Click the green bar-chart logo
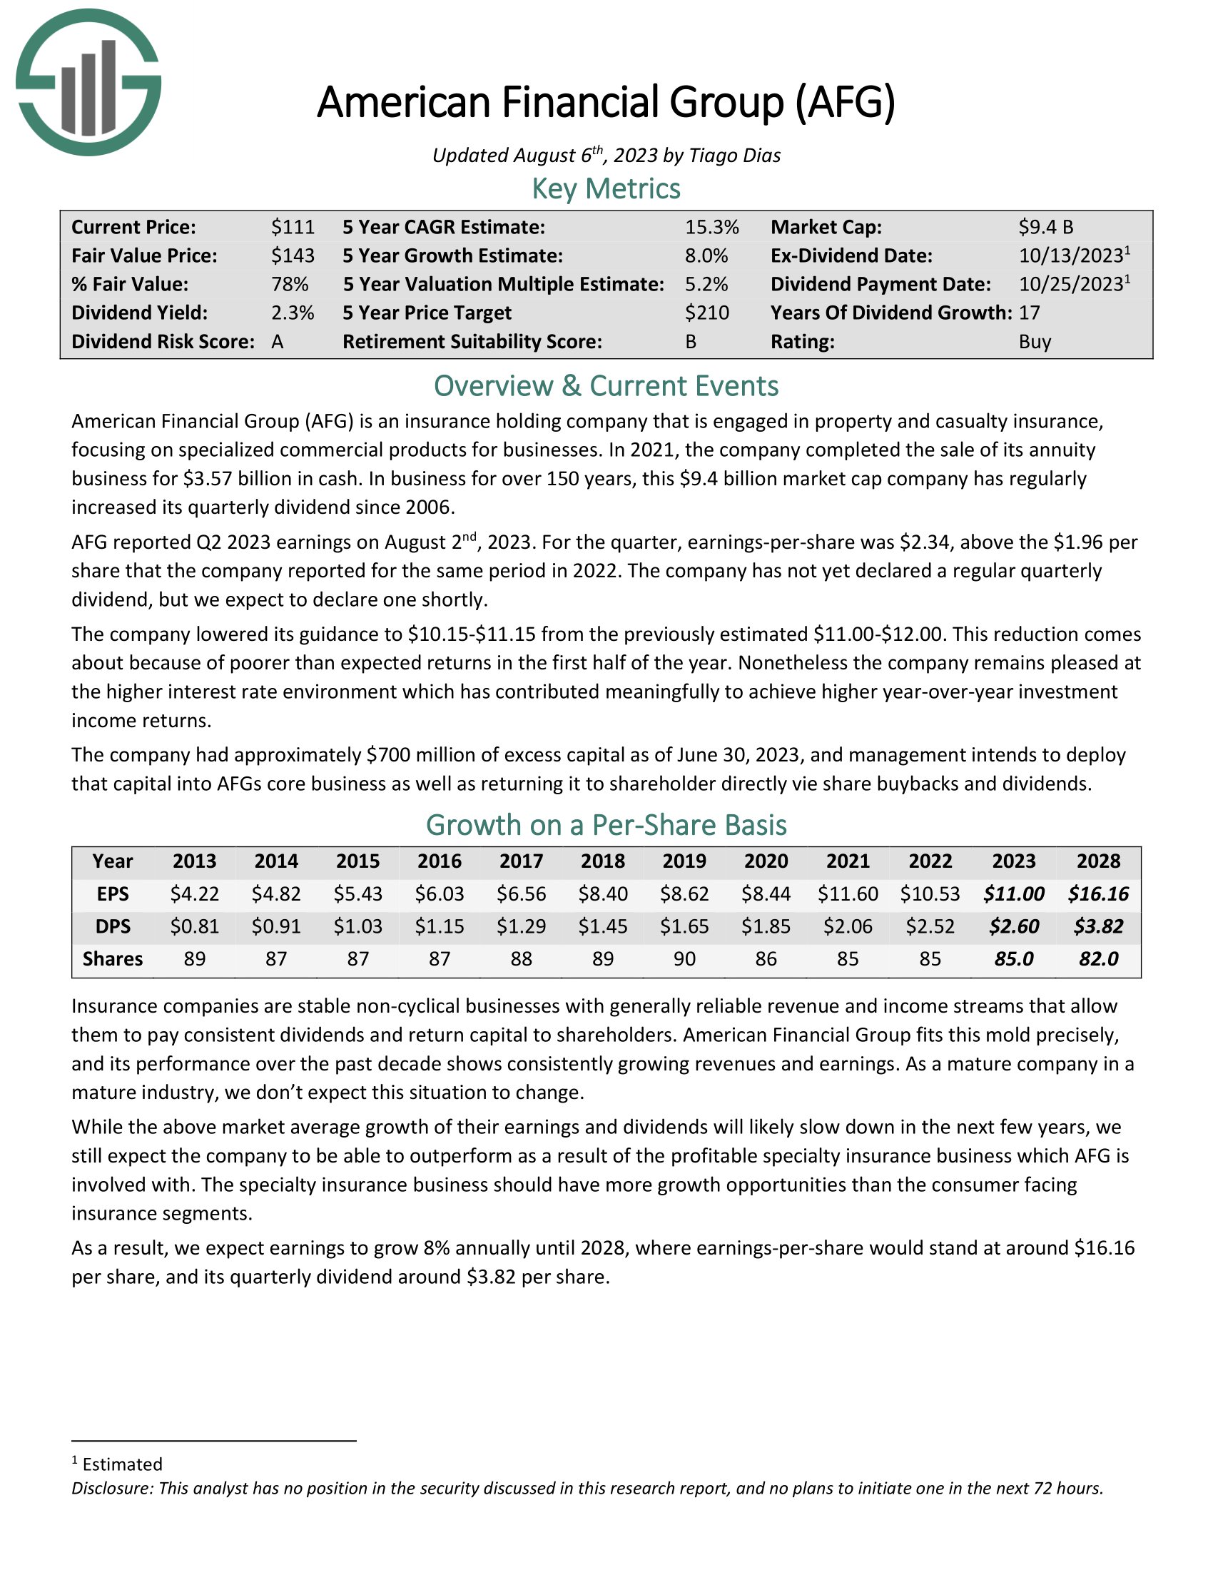(88, 82)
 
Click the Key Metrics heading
(606, 188)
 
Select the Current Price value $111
(293, 227)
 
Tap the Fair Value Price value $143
(293, 256)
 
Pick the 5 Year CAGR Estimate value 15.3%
(711, 227)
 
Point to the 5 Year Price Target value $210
(706, 313)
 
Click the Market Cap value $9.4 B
(1045, 227)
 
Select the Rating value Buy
(1035, 341)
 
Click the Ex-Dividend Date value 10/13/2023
(1071, 256)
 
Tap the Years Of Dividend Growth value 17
(1029, 313)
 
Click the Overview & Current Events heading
(606, 386)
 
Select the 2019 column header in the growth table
(684, 861)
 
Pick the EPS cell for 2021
(848, 894)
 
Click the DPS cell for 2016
(439, 926)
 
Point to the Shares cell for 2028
(1098, 959)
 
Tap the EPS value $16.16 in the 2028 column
(1098, 894)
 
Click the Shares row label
(113, 959)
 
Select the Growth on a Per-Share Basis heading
(606, 825)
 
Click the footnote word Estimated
(122, 1464)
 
